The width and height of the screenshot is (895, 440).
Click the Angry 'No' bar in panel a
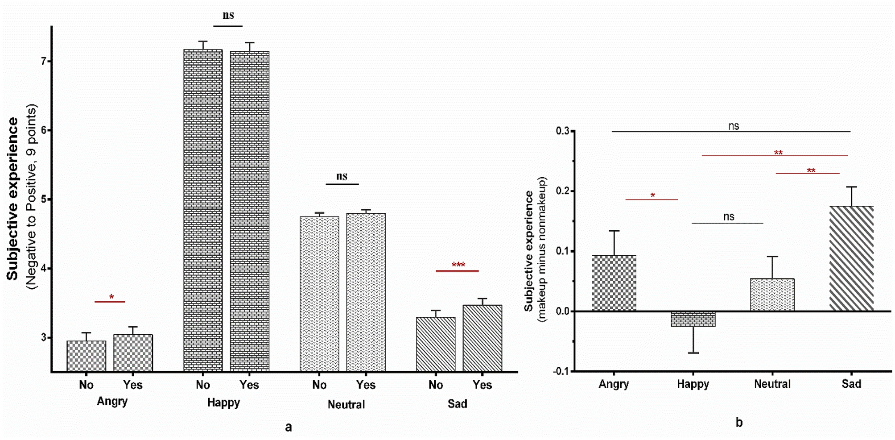[87, 356]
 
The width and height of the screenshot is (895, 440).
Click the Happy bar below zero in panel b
[693, 319]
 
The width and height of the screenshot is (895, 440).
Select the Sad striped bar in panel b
[851, 258]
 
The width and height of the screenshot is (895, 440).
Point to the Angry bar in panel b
[614, 283]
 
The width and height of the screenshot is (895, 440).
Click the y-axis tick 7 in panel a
[44, 61]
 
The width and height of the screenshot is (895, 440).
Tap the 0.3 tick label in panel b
[562, 131]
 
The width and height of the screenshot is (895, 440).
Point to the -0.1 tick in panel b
[561, 371]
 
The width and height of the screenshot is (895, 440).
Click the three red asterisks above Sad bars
[458, 265]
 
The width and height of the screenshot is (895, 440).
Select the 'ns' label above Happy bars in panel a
[228, 16]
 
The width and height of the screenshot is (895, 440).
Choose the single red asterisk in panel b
[652, 195]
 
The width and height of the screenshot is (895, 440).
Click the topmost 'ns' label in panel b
[734, 126]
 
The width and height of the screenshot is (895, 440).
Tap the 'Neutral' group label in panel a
[346, 405]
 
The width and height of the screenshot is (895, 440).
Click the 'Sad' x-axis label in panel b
[851, 384]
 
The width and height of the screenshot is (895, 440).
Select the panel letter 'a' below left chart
[289, 427]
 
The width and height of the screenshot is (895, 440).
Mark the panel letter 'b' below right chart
[739, 422]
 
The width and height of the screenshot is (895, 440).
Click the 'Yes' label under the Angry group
[132, 385]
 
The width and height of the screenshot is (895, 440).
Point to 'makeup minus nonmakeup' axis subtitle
[542, 249]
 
